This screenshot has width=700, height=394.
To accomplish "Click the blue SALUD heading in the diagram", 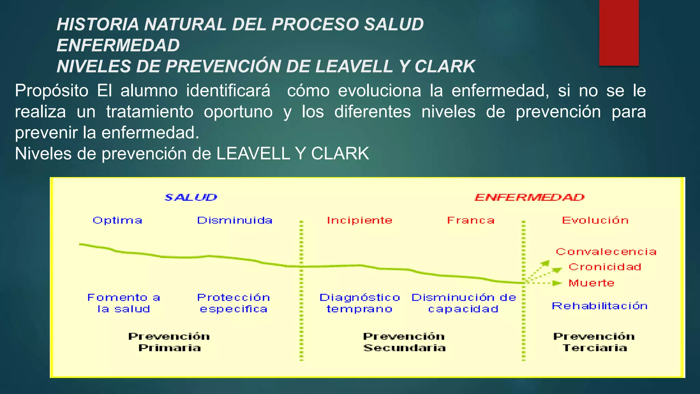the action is tap(191, 197).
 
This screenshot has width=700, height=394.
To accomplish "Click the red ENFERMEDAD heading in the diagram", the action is tap(529, 197).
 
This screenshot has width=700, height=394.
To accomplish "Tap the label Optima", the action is tap(117, 220).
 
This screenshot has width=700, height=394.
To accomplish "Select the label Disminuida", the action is tap(235, 220).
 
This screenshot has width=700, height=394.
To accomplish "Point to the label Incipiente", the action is tap(360, 220).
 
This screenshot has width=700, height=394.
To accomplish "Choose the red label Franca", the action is tap(471, 220).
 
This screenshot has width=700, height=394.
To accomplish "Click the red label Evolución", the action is tap(595, 220).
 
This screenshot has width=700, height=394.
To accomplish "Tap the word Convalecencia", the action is tap(606, 252).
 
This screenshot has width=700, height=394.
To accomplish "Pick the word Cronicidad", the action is tap(605, 267).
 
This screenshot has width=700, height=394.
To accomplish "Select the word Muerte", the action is tap(591, 283).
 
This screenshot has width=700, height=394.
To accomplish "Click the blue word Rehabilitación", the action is tap(600, 306).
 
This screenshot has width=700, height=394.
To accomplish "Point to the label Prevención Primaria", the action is tap(169, 342).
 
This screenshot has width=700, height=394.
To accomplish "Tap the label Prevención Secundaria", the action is tap(404, 342).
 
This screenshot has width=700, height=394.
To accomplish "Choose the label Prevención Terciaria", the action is tap(594, 342).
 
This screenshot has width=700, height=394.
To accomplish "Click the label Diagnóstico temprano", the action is tap(360, 303).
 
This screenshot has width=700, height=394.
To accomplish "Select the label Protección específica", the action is tap(234, 303).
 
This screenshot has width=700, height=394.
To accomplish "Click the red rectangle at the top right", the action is tap(619, 32).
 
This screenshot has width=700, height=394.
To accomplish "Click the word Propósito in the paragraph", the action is tap(52, 91).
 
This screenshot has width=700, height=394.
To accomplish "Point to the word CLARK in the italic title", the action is tap(445, 66).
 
